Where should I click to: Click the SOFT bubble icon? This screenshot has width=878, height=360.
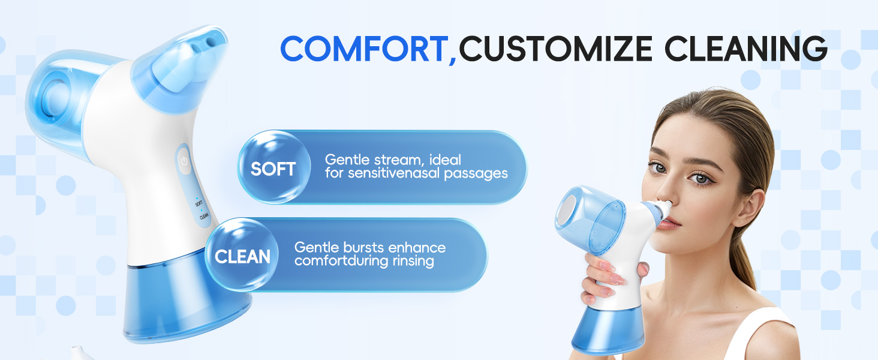273,168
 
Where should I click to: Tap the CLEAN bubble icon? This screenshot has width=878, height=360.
242,256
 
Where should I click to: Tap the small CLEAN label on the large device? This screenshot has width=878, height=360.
203,218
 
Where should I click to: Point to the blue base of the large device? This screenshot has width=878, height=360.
186,306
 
